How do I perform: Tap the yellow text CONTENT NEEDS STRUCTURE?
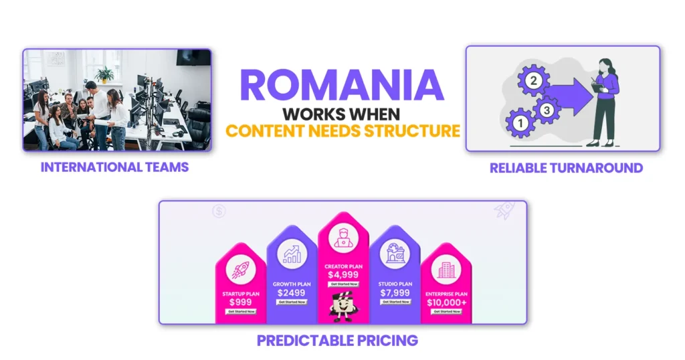pyautogui.click(x=342, y=129)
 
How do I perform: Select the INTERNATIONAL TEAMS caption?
pyautogui.click(x=115, y=167)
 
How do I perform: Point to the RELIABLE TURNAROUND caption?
pyautogui.click(x=566, y=168)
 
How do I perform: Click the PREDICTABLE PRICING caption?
pyautogui.click(x=337, y=341)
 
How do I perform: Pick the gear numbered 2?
pyautogui.click(x=533, y=82)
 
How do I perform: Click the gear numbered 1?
pyautogui.click(x=519, y=122)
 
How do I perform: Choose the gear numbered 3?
pyautogui.click(x=547, y=110)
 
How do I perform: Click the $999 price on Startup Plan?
pyautogui.click(x=240, y=302)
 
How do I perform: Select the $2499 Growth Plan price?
pyautogui.click(x=292, y=293)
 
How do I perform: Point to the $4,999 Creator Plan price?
pyautogui.click(x=343, y=274)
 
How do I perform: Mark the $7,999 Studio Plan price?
pyautogui.click(x=395, y=292)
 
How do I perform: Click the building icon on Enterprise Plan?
pyautogui.click(x=446, y=270)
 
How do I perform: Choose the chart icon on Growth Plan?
pyautogui.click(x=292, y=254)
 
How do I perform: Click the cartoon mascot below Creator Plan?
pyautogui.click(x=343, y=305)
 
